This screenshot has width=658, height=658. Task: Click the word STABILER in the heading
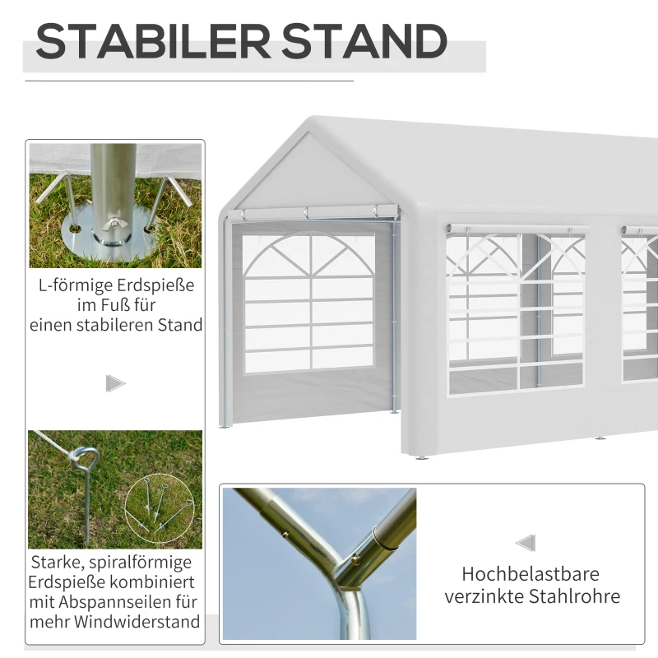click(154, 42)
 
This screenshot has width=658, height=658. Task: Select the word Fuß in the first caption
click(141, 306)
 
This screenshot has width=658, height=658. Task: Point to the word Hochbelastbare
click(531, 574)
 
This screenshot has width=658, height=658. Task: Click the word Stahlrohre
click(576, 596)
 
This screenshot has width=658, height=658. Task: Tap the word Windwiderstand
click(137, 621)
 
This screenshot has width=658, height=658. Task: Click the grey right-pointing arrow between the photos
click(115, 383)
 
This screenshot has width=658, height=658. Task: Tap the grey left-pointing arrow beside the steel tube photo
click(526, 543)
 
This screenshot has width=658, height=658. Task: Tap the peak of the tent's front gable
click(310, 130)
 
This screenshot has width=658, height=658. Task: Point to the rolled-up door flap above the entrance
click(317, 214)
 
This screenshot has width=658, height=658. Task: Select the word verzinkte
click(484, 596)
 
